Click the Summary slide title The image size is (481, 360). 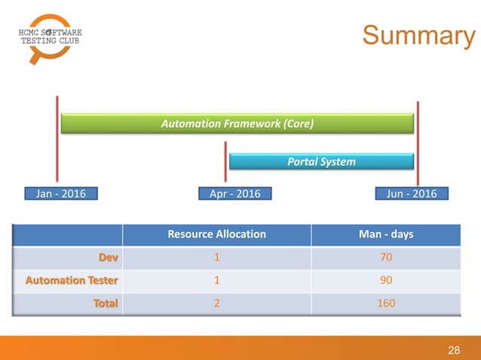pos(418,35)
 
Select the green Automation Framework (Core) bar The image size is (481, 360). pos(237,124)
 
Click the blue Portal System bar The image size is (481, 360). pos(321,161)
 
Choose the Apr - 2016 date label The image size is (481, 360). pos(235,194)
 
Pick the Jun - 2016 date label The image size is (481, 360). pos(412,194)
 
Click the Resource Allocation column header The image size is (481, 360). pos(216,233)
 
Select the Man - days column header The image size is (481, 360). pos(386,233)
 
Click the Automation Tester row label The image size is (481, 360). pos(74,280)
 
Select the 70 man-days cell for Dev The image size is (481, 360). pos(386,258)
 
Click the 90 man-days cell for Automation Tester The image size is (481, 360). pos(386,280)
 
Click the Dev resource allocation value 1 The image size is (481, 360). pos(216,258)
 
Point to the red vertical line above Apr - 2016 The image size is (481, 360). pos(225,162)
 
